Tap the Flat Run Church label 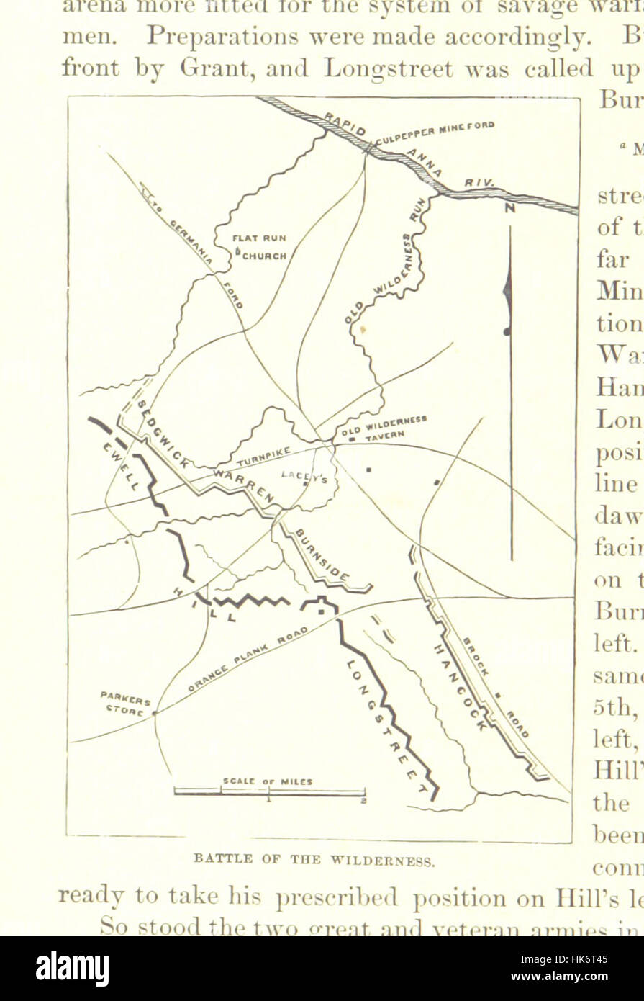(260, 246)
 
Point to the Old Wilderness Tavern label (385, 427)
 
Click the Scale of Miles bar (269, 793)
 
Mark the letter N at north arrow (510, 209)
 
